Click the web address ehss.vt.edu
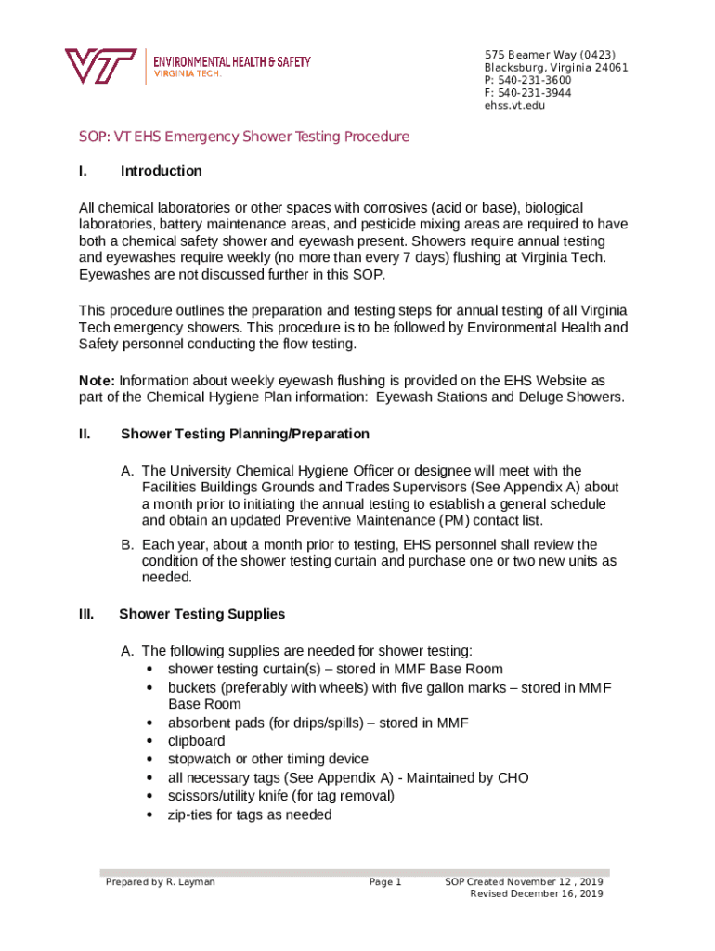click(514, 106)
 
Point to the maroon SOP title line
click(244, 137)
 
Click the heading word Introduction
click(161, 171)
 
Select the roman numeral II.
click(84, 434)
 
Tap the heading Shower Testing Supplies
click(201, 614)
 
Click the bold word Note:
click(97, 381)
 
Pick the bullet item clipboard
click(196, 741)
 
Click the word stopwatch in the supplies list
click(200, 759)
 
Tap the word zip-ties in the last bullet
click(189, 814)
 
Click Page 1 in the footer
click(384, 881)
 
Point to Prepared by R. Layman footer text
click(160, 881)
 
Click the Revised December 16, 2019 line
click(537, 893)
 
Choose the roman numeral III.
click(85, 614)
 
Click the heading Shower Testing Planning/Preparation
click(245, 434)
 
